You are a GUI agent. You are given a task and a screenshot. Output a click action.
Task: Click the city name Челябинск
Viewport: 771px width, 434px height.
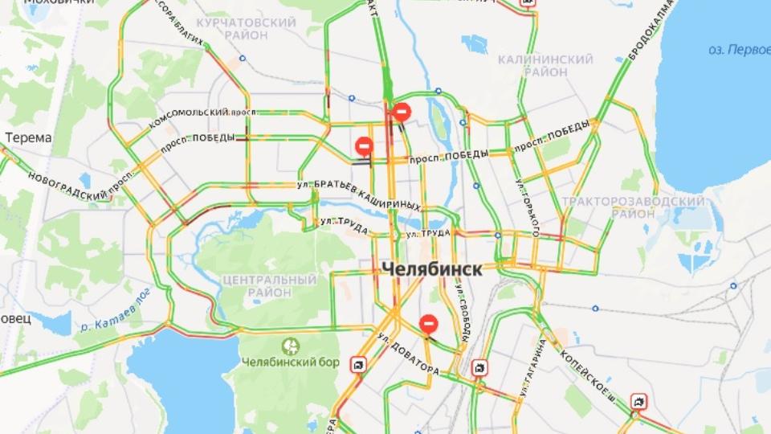pyautogui.click(x=432, y=269)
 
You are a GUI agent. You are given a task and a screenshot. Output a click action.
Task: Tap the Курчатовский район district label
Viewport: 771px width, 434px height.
pyautogui.click(x=247, y=29)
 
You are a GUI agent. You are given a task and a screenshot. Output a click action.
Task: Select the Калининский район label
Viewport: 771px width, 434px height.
pyautogui.click(x=545, y=66)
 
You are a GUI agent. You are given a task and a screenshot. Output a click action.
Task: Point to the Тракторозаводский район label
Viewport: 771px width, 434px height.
pyautogui.click(x=634, y=207)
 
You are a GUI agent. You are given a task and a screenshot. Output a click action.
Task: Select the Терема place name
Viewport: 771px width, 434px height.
pyautogui.click(x=28, y=137)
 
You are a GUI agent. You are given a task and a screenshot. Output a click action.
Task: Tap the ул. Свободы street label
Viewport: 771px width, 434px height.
pyautogui.click(x=463, y=309)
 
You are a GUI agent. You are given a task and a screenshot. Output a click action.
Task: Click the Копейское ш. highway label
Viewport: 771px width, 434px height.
pyautogui.click(x=591, y=371)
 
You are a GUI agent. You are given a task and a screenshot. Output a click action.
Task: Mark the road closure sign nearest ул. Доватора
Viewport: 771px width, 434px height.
pyautogui.click(x=429, y=324)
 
